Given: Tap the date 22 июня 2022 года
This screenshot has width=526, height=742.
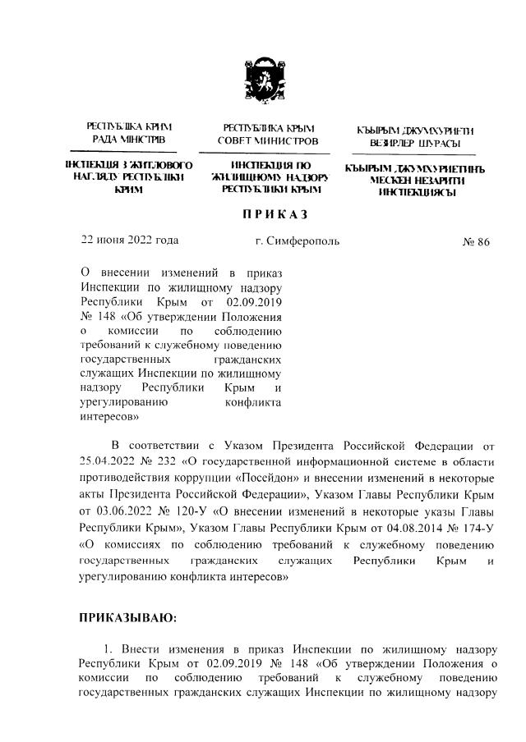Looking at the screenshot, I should point(129,240).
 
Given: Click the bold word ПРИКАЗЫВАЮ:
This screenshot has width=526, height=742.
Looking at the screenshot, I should point(127,617).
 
